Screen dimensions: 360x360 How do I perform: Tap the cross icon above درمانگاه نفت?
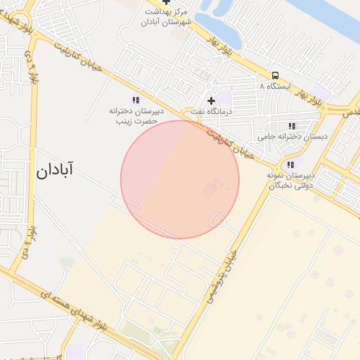[211, 101]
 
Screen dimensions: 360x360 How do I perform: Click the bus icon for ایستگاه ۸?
[275, 75]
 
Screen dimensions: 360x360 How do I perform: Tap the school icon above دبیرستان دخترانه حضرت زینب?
[136, 101]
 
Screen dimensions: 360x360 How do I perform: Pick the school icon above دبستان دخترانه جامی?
[292, 126]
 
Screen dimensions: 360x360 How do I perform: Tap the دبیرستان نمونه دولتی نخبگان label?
[291, 180]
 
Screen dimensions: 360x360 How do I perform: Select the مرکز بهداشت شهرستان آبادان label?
[167, 18]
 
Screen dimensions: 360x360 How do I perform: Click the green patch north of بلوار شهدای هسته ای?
[67, 263]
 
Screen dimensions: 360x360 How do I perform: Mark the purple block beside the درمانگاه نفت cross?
[223, 98]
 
